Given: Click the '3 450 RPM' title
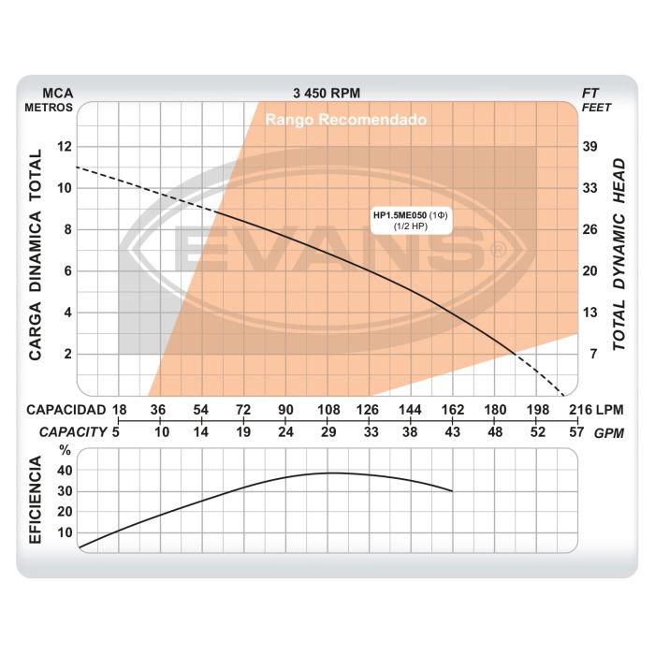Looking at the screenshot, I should [x=326, y=93].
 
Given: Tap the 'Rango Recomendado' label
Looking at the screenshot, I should [x=346, y=120].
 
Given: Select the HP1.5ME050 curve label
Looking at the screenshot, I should [x=412, y=216].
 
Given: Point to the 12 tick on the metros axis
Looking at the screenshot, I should [x=64, y=146].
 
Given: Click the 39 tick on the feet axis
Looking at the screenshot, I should [x=590, y=146].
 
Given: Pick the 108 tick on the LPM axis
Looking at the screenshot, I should [x=328, y=410].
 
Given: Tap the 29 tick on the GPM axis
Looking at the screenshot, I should [x=328, y=432].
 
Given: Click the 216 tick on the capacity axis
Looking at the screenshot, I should [x=579, y=410].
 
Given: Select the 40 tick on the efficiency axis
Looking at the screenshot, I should [x=65, y=471].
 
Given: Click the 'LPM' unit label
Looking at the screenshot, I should [x=610, y=410].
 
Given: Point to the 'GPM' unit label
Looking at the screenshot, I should [x=610, y=432].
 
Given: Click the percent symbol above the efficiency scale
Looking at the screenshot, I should [x=65, y=450].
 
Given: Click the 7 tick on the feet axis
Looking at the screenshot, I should [x=590, y=354].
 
